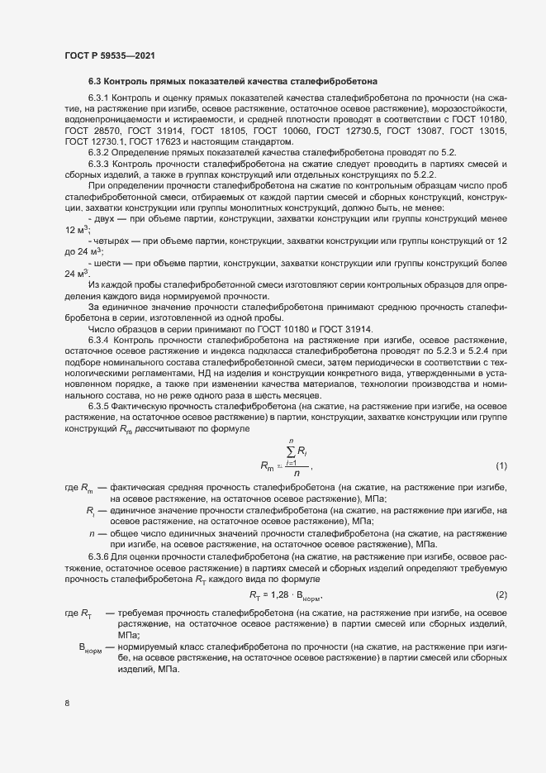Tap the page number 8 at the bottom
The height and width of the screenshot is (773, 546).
point(67,704)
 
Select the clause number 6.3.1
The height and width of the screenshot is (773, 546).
point(100,98)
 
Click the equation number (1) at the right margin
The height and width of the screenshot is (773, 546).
point(500,466)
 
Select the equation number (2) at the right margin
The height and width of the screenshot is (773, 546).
point(500,595)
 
